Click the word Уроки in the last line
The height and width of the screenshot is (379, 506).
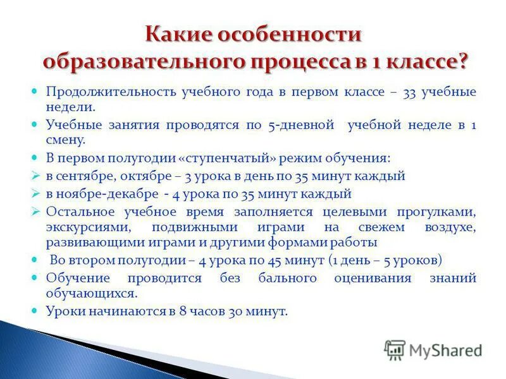click(x=63, y=311)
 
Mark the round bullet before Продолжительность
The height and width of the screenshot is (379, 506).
click(x=35, y=92)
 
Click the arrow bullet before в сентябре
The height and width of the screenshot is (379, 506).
click(x=35, y=176)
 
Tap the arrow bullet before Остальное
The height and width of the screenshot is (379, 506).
click(x=35, y=211)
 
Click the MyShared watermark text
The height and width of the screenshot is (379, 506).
click(x=445, y=349)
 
